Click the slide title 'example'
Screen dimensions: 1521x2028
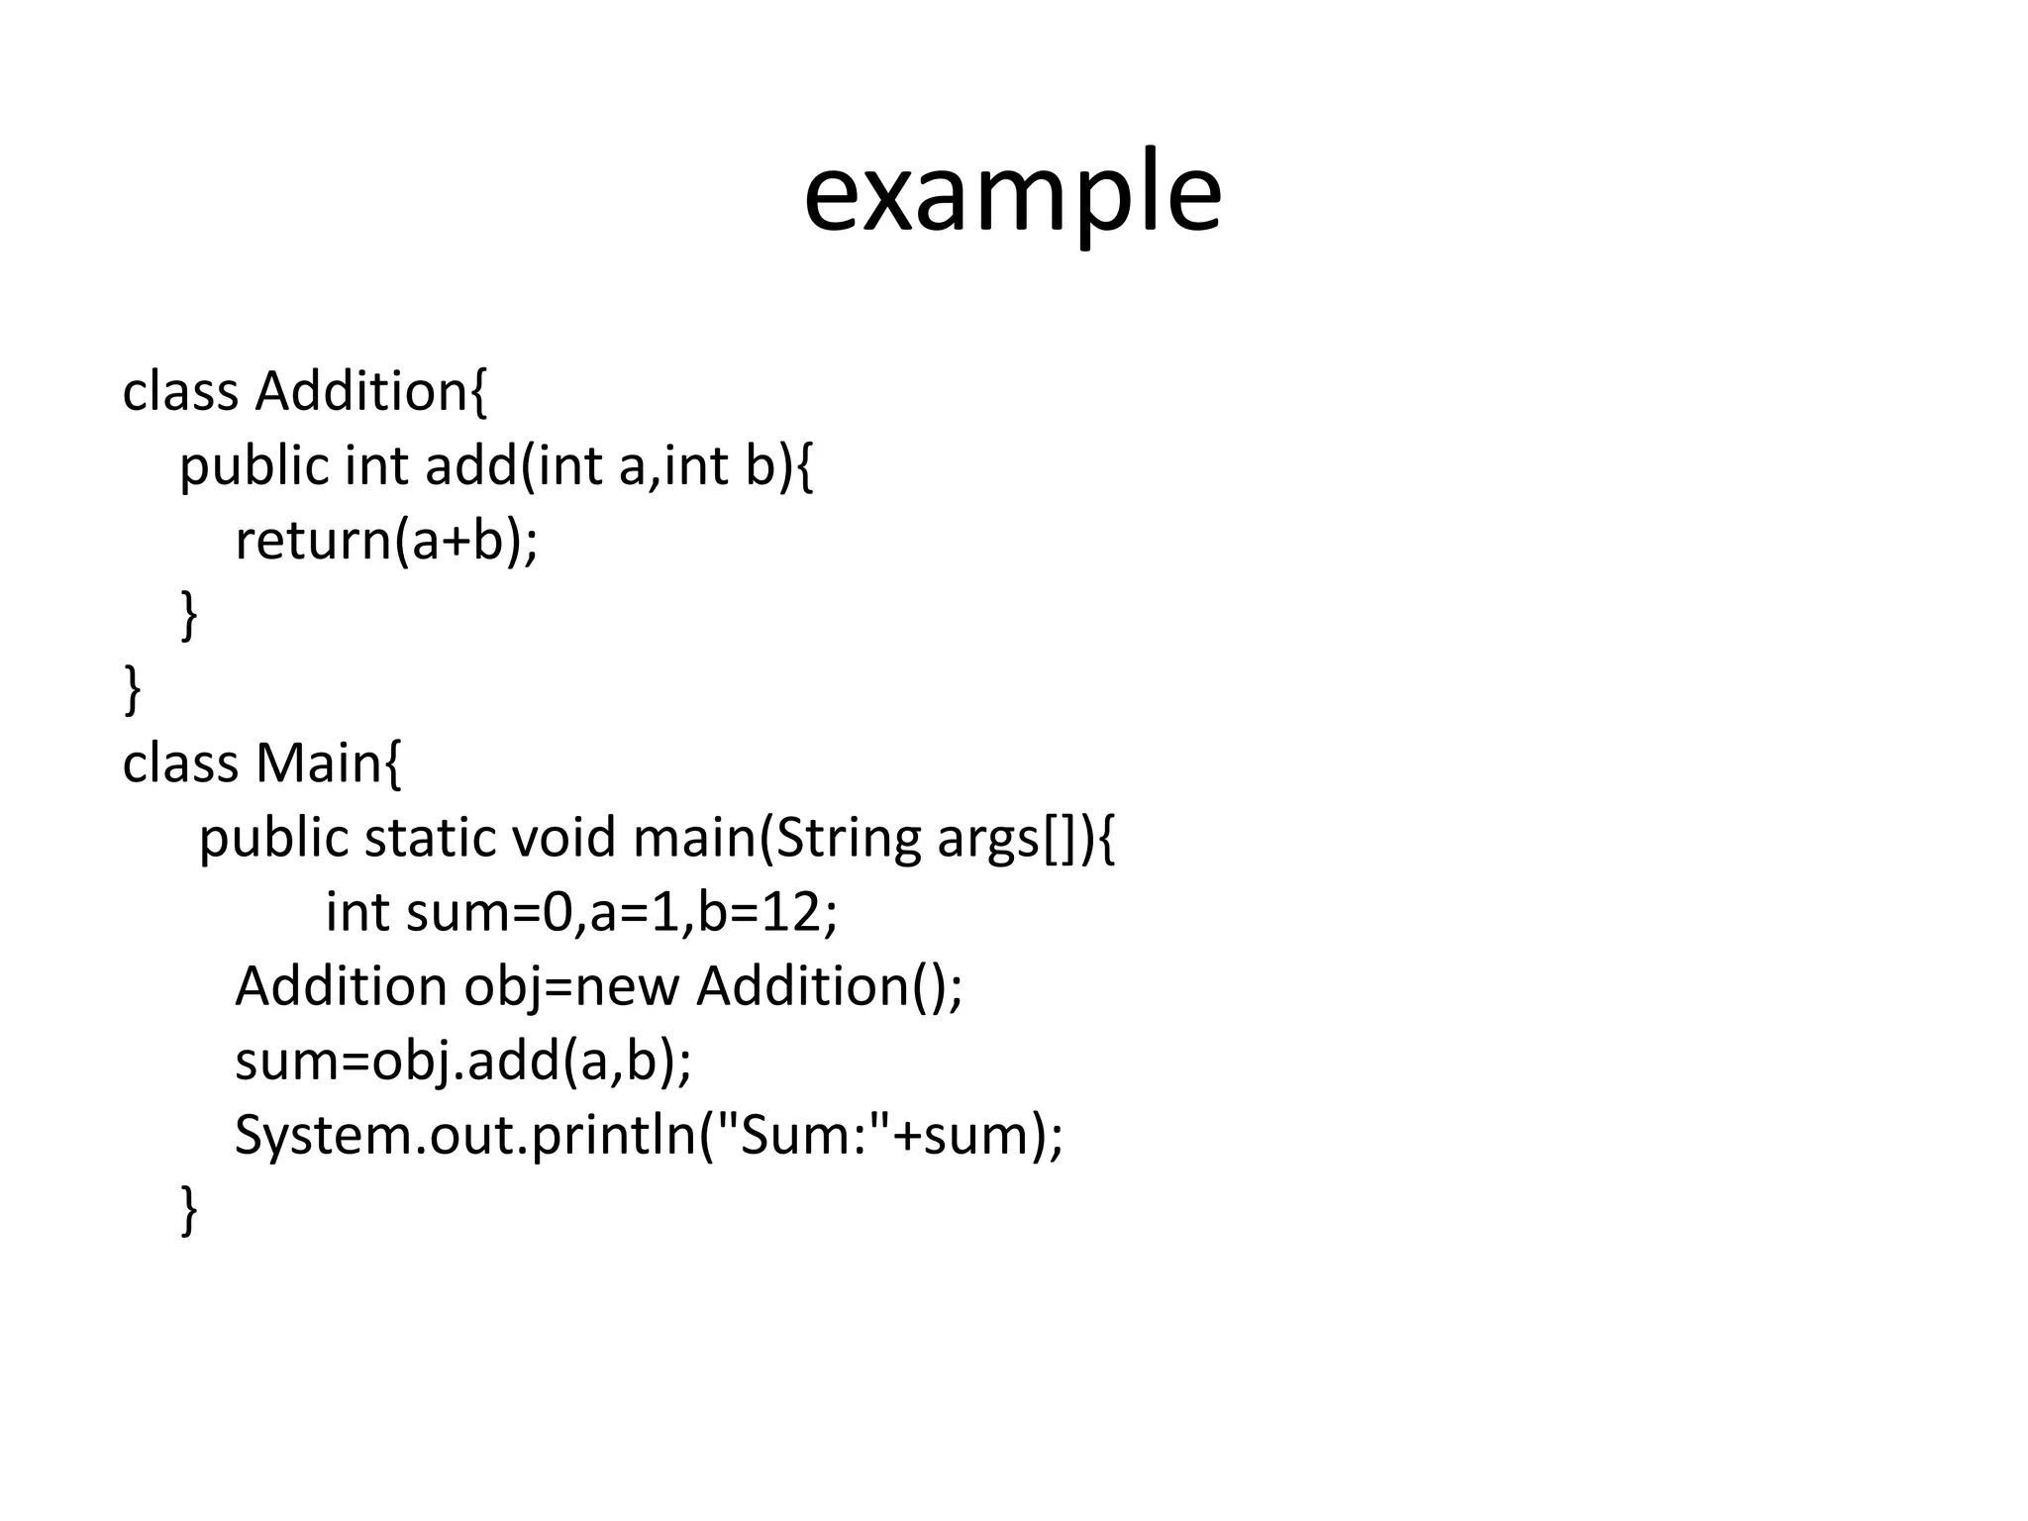pyautogui.click(x=1012, y=192)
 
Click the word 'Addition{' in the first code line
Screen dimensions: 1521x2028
pyautogui.click(x=371, y=392)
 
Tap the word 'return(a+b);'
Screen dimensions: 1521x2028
pyautogui.click(x=386, y=541)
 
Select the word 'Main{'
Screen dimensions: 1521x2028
pyautogui.click(x=329, y=763)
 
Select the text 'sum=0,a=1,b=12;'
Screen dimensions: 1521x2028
pyautogui.click(x=621, y=912)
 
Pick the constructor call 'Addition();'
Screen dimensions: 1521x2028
pyautogui.click(x=829, y=986)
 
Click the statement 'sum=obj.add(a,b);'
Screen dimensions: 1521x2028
pyautogui.click(x=463, y=1061)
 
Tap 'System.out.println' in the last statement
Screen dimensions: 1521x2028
pyautogui.click(x=465, y=1135)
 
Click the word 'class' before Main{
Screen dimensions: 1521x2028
pyautogui.click(x=180, y=763)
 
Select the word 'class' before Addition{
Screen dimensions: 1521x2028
pyautogui.click(x=180, y=392)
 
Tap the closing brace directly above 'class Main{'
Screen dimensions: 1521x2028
pyautogui.click(x=132, y=690)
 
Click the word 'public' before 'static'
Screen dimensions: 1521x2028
pyautogui.click(x=273, y=838)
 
